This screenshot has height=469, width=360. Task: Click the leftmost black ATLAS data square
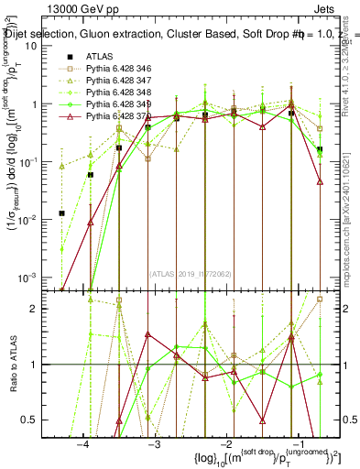[61, 213]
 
